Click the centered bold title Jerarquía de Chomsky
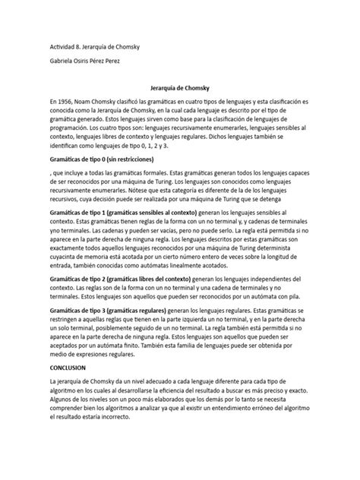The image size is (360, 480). [179, 87]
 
